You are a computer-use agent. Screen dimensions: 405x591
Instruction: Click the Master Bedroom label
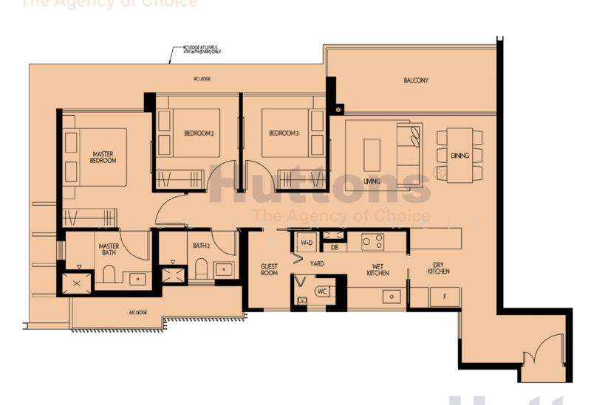[x=103, y=157]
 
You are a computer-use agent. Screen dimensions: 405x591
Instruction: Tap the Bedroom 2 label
[x=199, y=134]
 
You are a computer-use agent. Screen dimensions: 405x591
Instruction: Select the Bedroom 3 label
[x=284, y=134]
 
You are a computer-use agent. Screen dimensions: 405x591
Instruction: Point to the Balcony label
[x=416, y=80]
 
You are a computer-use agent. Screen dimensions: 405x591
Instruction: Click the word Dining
[x=460, y=156]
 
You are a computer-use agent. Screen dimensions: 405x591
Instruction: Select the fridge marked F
[x=444, y=297]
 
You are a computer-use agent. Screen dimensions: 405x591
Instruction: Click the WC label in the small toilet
[x=322, y=291]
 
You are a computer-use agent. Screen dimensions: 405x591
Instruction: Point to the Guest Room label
[x=269, y=269]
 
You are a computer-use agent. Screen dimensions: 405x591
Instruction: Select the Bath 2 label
[x=201, y=246]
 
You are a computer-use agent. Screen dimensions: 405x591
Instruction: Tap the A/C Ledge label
[x=137, y=313]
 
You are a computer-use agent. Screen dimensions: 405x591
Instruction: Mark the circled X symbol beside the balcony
[x=338, y=110]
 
